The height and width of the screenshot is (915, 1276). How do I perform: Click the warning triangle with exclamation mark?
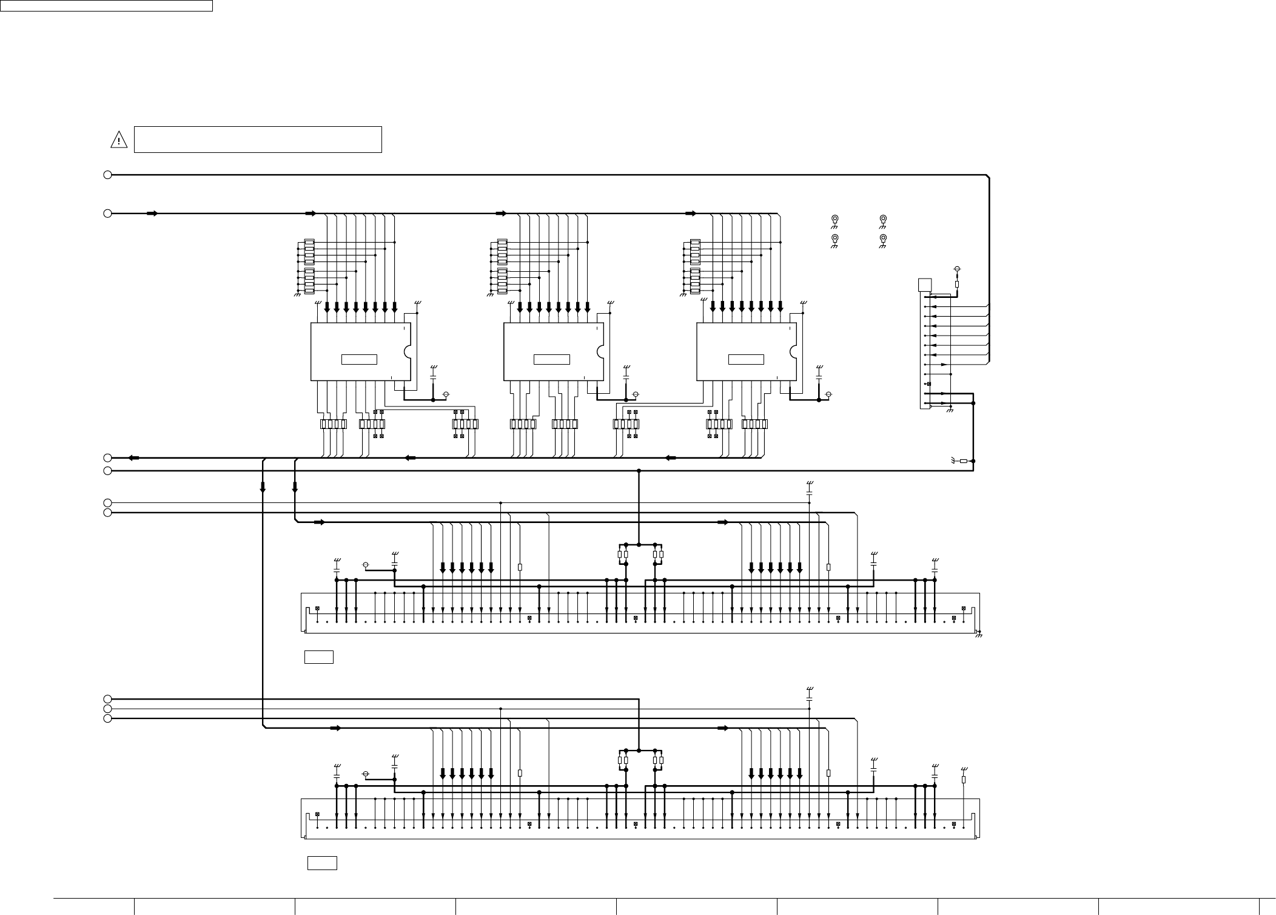coord(118,140)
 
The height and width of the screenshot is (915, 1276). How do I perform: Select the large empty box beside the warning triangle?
coord(257,140)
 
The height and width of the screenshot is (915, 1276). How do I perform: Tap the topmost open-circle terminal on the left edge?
coord(107,175)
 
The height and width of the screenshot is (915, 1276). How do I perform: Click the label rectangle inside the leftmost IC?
coord(359,359)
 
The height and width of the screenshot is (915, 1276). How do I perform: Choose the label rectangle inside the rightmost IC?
coord(745,359)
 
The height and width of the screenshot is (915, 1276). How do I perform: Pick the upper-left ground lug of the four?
coord(834,219)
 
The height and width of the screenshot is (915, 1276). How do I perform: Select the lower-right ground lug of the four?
coord(883,238)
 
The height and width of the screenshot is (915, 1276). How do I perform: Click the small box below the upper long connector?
coord(318,657)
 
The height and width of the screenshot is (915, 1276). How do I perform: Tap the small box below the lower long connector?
coord(321,863)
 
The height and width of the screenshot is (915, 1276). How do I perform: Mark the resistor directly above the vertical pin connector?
coord(957,284)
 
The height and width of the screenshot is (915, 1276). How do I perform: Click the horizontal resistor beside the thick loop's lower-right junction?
coord(963,461)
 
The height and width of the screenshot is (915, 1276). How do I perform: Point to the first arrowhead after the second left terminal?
coord(152,214)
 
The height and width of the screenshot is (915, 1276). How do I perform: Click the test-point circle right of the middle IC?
coord(636,394)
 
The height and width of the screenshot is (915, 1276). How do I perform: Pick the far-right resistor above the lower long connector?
coord(964,780)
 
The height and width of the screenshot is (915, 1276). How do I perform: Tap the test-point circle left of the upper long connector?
coord(365,566)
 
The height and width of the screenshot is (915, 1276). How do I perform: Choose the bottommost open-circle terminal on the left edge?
coord(107,718)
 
